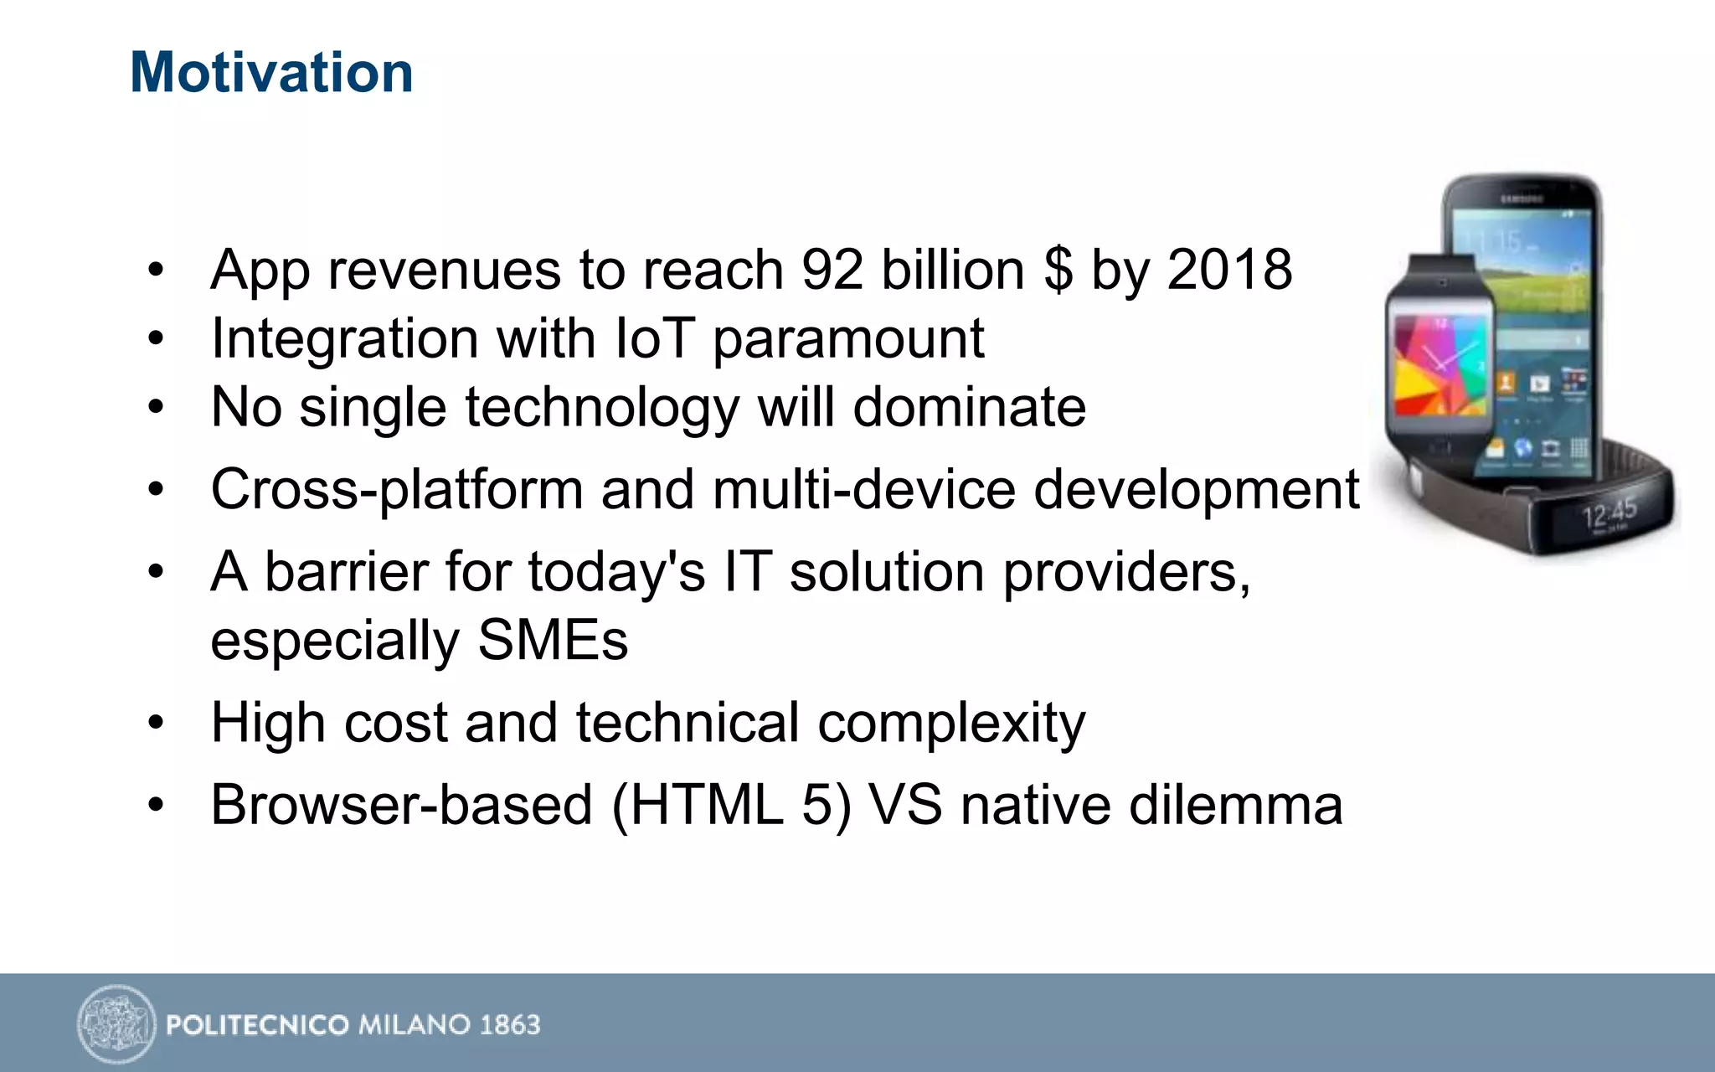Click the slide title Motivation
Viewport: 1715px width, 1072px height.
pyautogui.click(x=271, y=73)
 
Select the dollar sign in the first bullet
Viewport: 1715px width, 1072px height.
pyautogui.click(x=1058, y=271)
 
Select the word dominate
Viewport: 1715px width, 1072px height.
pyautogui.click(x=969, y=408)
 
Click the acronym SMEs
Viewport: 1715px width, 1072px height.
pyautogui.click(x=553, y=641)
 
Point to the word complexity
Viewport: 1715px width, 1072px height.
pyautogui.click(x=951, y=724)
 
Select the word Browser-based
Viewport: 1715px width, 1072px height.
pyautogui.click(x=402, y=805)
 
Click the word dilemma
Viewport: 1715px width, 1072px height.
pyautogui.click(x=1235, y=805)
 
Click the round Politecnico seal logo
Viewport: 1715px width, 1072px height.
pyautogui.click(x=116, y=1023)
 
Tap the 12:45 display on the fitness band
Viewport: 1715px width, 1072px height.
pyautogui.click(x=1609, y=513)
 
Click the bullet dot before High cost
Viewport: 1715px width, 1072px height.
pyautogui.click(x=156, y=723)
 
